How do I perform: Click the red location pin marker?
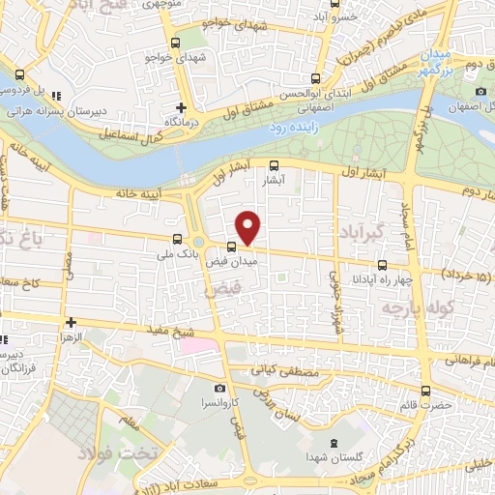click(x=248, y=227)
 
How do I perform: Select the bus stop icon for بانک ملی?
click(x=176, y=239)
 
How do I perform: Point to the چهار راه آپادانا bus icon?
click(x=382, y=265)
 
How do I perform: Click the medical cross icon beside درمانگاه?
click(x=181, y=107)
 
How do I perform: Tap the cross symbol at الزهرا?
click(x=71, y=322)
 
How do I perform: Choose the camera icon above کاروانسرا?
click(x=220, y=387)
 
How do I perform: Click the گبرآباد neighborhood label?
click(x=363, y=231)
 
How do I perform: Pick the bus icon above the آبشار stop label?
click(x=274, y=165)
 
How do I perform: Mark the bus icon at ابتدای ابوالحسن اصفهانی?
click(x=315, y=78)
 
